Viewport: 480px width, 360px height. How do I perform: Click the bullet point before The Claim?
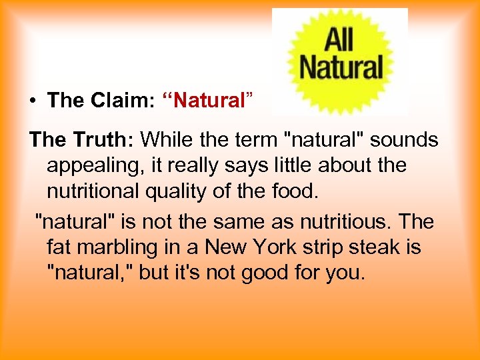pyautogui.click(x=33, y=101)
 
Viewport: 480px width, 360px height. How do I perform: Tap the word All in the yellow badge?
pyautogui.click(x=339, y=41)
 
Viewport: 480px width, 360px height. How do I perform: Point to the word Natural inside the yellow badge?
pyautogui.click(x=341, y=67)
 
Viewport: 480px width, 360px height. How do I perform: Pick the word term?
pyautogui.click(x=253, y=140)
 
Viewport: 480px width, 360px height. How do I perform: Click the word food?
pyautogui.click(x=293, y=191)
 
